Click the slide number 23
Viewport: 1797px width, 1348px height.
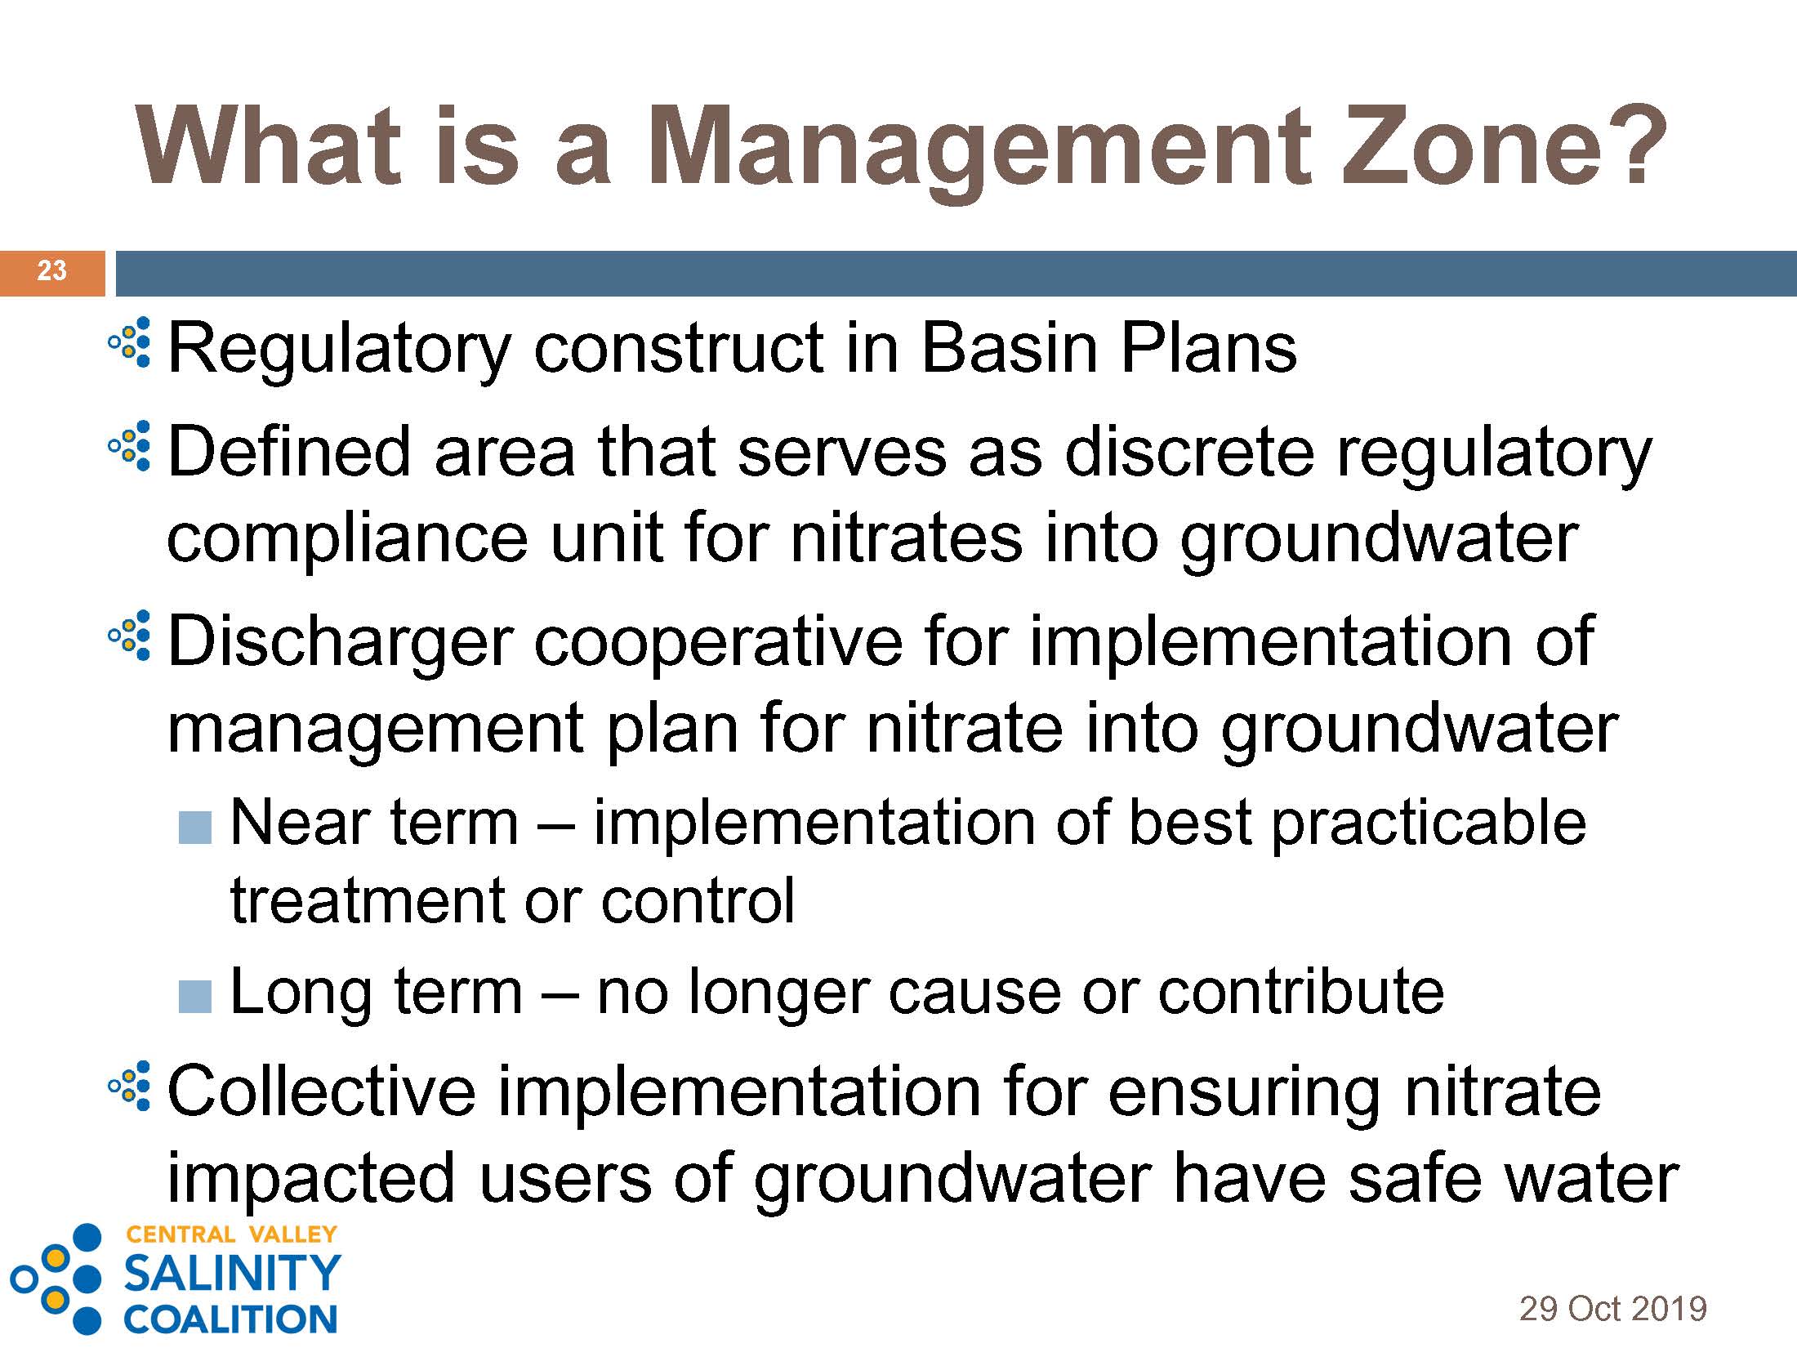[51, 270]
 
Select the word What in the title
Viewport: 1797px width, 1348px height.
[270, 145]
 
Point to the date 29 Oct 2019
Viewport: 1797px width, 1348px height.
[1612, 1309]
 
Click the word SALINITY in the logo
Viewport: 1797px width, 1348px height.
[232, 1273]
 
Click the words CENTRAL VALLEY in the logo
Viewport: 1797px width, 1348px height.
[231, 1234]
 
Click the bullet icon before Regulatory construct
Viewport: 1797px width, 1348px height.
[130, 341]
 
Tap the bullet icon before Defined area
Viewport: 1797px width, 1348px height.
[130, 446]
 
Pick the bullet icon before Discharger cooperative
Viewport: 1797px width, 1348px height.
[130, 636]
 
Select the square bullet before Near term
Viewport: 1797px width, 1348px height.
[195, 828]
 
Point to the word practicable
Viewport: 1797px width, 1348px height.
[1429, 824]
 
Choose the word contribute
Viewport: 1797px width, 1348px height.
[1301, 992]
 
